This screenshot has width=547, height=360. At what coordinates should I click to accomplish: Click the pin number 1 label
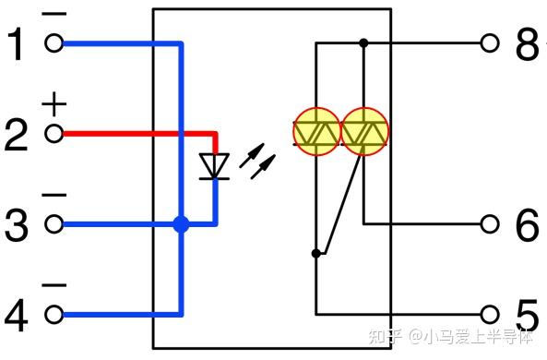tap(17, 43)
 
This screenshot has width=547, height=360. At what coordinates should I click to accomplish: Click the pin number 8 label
tap(526, 43)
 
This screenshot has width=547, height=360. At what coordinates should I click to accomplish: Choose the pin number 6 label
tap(526, 224)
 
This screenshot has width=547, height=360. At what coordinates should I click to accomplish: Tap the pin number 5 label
tap(526, 315)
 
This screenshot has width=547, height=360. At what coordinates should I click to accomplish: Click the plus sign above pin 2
tap(54, 105)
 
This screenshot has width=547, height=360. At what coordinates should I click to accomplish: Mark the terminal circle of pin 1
tap(54, 43)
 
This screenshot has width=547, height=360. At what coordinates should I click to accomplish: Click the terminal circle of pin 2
tap(54, 134)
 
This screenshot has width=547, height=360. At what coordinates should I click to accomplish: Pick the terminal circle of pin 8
tap(491, 42)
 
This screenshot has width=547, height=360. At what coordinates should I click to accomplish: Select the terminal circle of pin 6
tap(491, 224)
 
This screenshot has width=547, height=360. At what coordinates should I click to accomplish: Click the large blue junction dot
tap(181, 223)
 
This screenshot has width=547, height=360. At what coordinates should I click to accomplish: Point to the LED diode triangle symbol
tap(216, 165)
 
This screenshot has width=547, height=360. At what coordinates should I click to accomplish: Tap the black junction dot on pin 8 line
tap(363, 42)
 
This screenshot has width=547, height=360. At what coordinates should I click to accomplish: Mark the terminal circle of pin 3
tap(54, 224)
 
